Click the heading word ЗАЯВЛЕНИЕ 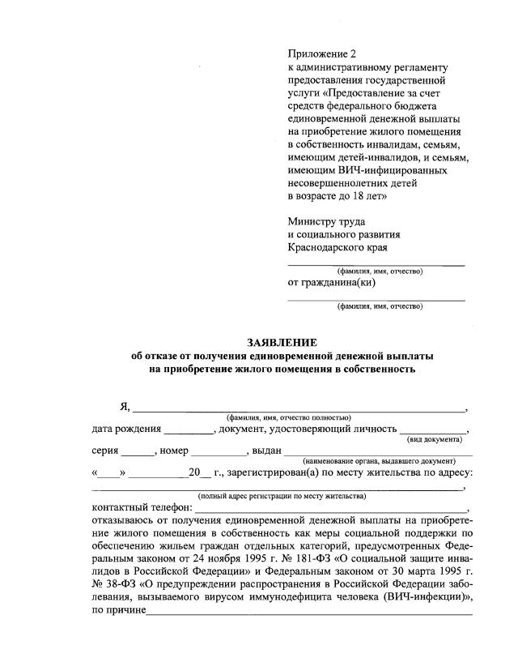282,342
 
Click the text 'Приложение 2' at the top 322,53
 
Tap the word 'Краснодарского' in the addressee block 324,247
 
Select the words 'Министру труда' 326,221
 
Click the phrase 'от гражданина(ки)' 331,283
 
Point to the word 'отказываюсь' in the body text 127,519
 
